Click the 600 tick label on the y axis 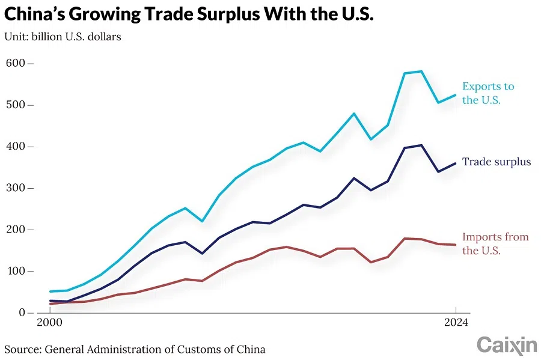click(16, 63)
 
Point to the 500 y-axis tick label click(16, 105)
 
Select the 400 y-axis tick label click(16, 146)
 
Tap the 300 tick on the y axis click(16, 188)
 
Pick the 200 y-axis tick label click(16, 230)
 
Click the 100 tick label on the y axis click(16, 271)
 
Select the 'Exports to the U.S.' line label click(488, 93)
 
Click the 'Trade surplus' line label click(497, 161)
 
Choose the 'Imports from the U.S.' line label click(495, 243)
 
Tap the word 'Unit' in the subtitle click(16, 37)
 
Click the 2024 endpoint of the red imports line click(456, 245)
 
